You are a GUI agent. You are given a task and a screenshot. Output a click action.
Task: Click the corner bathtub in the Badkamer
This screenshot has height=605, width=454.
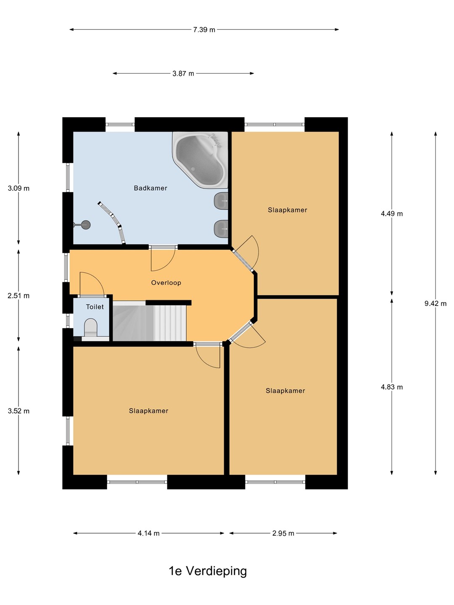(x=201, y=160)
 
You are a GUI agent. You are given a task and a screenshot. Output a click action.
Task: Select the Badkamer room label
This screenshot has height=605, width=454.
(x=150, y=188)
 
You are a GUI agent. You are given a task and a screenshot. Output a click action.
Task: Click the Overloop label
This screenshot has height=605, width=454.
(x=166, y=282)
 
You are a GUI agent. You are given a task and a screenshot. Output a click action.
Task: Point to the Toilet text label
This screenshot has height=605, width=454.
(x=95, y=307)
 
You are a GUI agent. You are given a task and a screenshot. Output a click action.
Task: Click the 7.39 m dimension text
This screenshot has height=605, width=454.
(x=204, y=30)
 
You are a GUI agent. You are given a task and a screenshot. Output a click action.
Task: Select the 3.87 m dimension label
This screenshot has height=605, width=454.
(x=183, y=74)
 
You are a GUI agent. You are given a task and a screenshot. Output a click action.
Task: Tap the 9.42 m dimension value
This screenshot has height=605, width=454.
(x=436, y=303)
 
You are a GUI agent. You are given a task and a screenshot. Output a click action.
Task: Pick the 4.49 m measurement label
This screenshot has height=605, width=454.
(x=392, y=213)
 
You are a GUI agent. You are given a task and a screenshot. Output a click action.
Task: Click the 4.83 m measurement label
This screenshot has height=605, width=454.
(x=392, y=387)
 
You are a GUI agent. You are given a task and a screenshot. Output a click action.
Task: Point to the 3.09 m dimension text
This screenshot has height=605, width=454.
(x=18, y=188)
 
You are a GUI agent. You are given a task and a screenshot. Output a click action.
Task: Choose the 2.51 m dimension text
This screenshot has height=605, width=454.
(x=18, y=296)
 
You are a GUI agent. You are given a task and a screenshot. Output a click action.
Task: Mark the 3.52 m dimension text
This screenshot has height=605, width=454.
(x=18, y=411)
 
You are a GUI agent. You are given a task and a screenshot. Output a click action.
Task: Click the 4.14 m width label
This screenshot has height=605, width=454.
(x=148, y=533)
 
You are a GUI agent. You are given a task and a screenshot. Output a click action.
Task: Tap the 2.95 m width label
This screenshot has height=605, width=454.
(x=283, y=533)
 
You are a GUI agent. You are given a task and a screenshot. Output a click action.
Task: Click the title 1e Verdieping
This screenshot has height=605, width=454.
(x=208, y=571)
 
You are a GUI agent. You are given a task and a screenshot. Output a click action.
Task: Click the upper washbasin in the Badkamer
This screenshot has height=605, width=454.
(x=221, y=201)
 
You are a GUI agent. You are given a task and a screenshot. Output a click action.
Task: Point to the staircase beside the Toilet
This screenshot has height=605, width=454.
(x=150, y=321)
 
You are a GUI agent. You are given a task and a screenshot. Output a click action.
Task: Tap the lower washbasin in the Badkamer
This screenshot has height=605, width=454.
(x=221, y=229)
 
